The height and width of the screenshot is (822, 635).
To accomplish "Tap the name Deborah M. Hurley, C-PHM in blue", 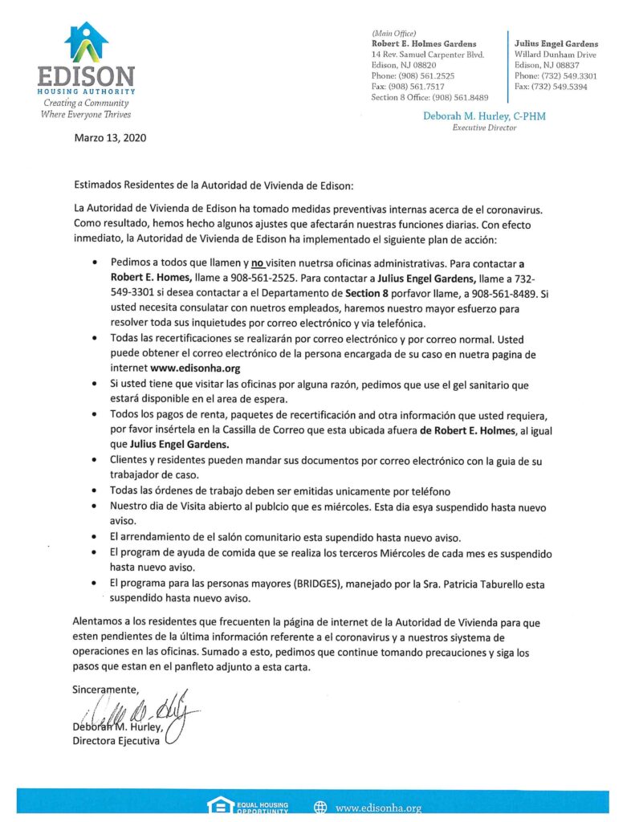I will (x=484, y=116).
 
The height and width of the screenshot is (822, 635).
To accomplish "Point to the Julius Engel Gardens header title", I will (x=556, y=43).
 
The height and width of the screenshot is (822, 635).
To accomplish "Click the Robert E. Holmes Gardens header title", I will (x=424, y=43).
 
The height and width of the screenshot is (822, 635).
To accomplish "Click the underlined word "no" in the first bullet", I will (x=259, y=262).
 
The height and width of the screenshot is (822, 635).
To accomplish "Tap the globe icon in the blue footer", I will (x=320, y=808).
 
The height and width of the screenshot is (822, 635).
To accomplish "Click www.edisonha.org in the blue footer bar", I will (x=378, y=808).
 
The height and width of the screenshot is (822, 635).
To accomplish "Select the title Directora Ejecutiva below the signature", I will (x=116, y=741).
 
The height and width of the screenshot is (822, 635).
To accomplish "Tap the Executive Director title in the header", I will (x=484, y=128).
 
